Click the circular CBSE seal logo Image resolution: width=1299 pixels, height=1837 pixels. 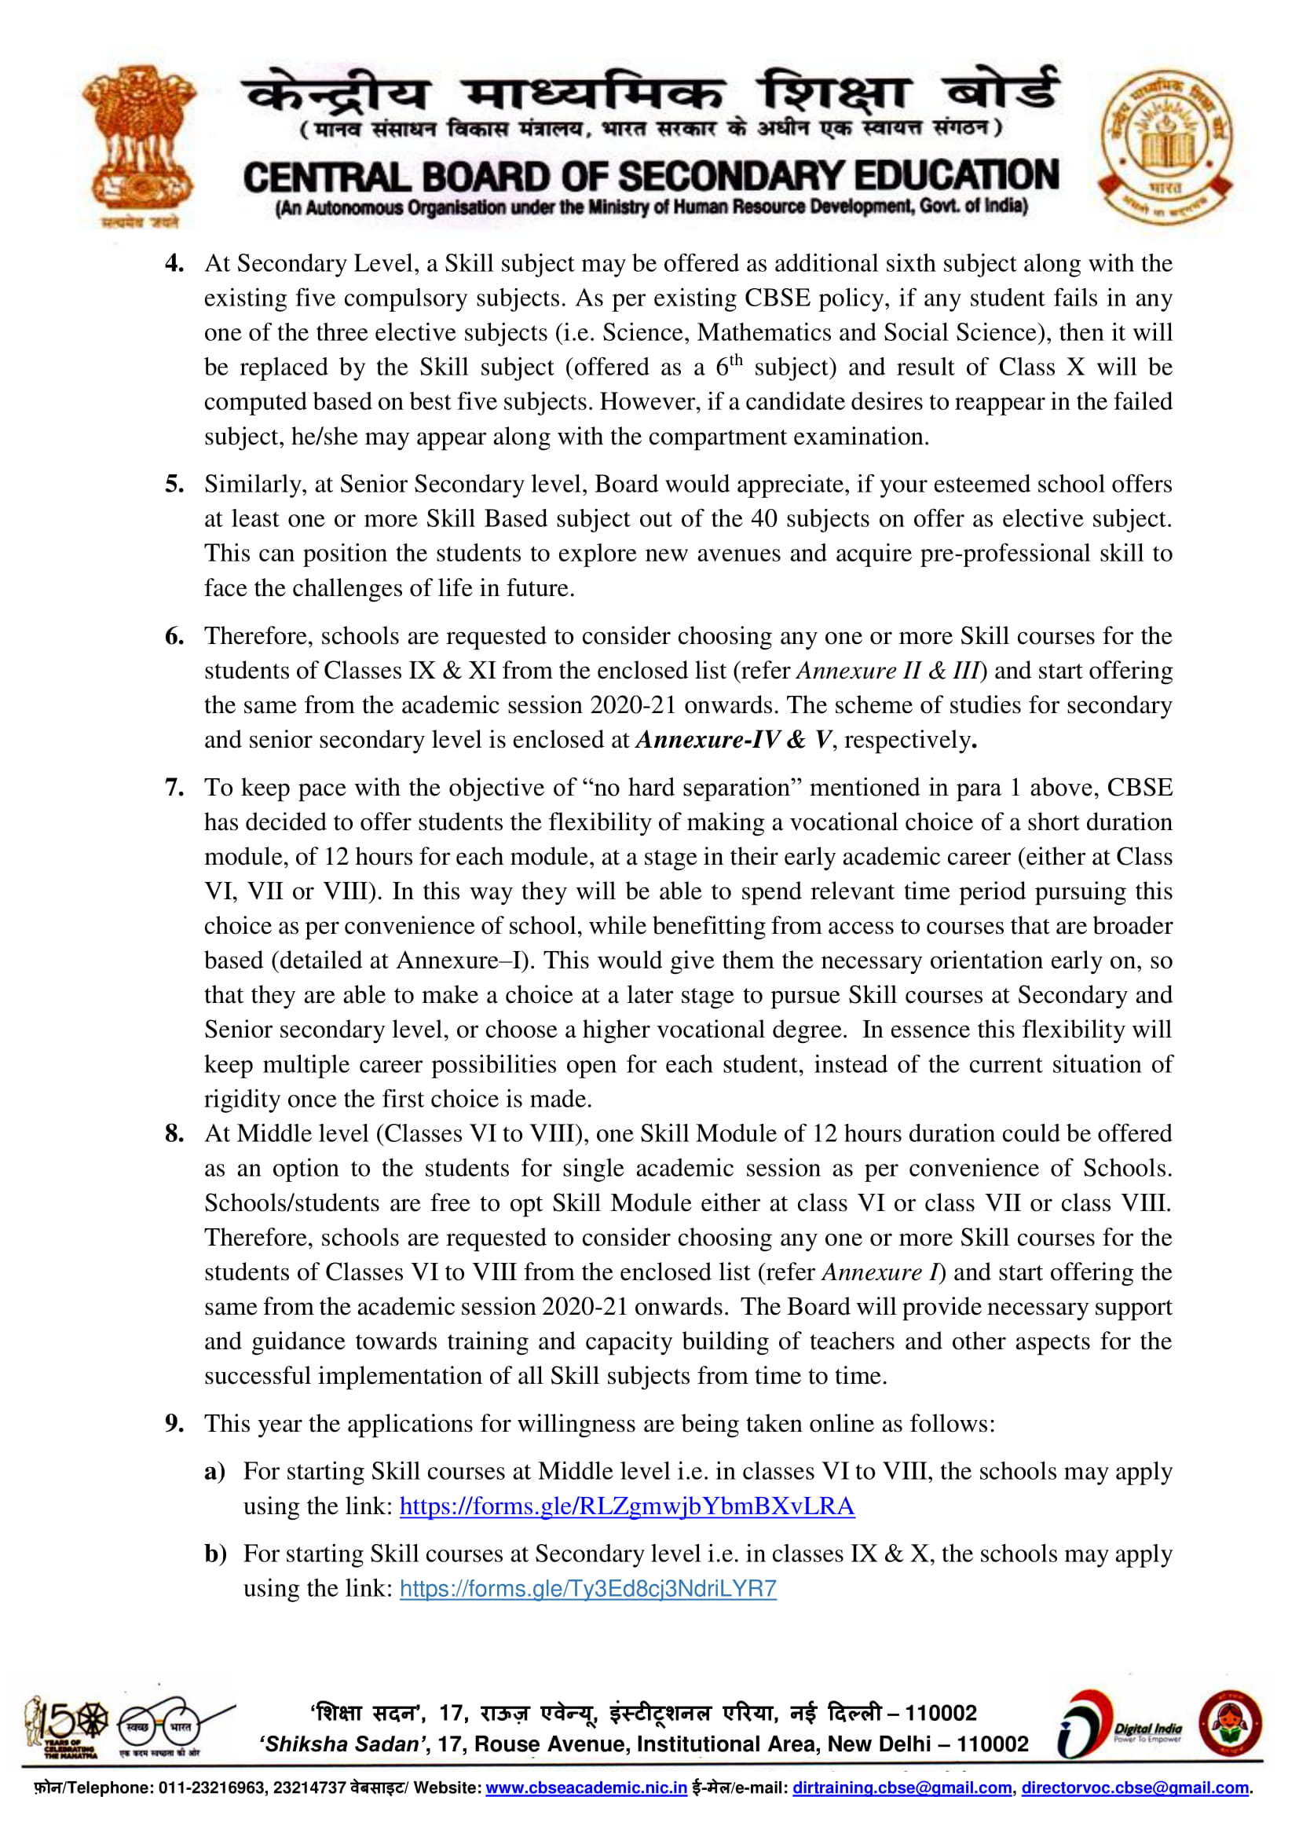tap(1167, 145)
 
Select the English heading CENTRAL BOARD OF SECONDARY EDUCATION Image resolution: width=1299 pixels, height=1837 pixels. tap(650, 176)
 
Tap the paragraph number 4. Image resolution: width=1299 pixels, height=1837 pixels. tap(174, 263)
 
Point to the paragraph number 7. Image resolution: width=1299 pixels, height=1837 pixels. tap(174, 787)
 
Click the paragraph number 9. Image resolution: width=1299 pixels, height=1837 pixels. tap(174, 1423)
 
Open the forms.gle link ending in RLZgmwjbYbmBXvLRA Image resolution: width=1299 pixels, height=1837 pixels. tap(626, 1506)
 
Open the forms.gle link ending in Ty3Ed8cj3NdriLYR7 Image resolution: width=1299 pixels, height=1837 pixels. tap(588, 1588)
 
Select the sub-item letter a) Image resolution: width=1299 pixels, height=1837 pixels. tap(214, 1471)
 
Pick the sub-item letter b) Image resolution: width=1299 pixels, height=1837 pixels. tap(215, 1553)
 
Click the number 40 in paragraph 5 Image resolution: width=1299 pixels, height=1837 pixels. tap(763, 518)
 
